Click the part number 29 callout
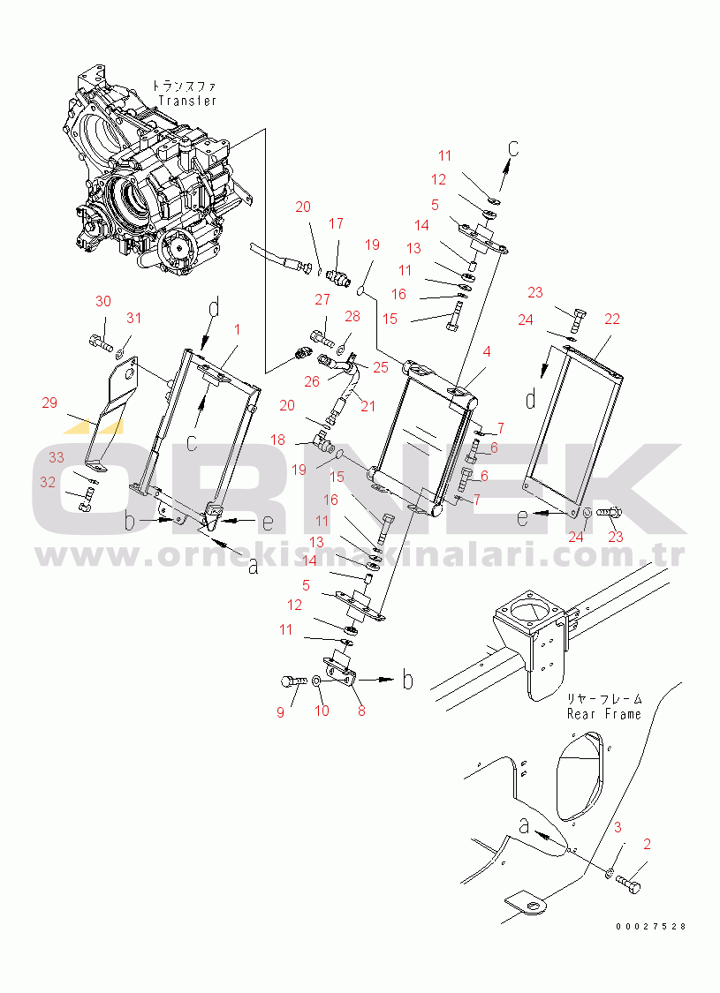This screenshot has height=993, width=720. [49, 402]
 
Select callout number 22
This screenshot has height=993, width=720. [612, 320]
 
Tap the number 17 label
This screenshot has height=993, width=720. [336, 224]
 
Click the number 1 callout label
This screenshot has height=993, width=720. [237, 329]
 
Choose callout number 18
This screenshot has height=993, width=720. [277, 440]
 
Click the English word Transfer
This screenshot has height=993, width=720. [187, 101]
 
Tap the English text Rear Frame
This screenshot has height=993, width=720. [603, 714]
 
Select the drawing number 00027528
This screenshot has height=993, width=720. [652, 926]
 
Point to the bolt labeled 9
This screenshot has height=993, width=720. [291, 681]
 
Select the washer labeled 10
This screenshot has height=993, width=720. [316, 681]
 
